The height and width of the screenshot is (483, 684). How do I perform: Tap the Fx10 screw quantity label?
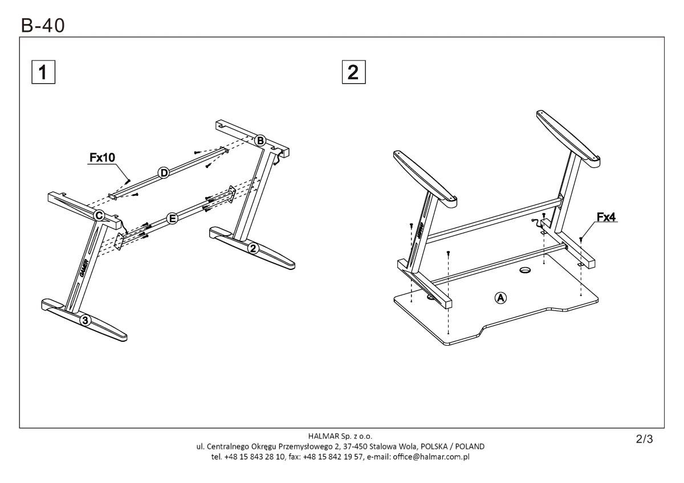click(102, 158)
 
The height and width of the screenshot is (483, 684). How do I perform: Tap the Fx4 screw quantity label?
click(607, 217)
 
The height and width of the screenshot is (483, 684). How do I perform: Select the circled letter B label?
click(260, 140)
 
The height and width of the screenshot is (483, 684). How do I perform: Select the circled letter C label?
click(99, 215)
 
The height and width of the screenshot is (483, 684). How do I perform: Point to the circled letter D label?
click(164, 173)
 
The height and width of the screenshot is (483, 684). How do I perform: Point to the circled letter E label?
click(172, 218)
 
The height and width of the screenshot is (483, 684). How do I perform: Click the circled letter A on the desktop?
click(500, 297)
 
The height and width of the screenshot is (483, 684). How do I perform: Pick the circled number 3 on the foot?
click(84, 320)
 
